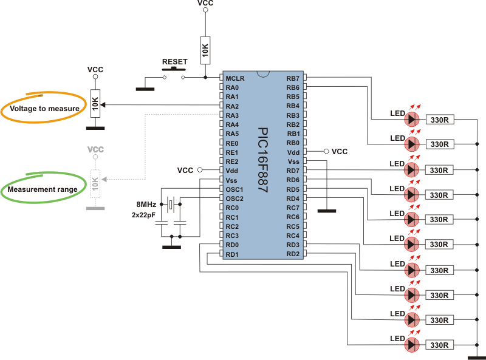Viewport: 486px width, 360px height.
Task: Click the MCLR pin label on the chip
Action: [235, 78]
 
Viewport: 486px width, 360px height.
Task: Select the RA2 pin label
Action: [232, 106]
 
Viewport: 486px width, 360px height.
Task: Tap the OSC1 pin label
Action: [234, 189]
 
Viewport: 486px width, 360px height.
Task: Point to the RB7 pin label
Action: [293, 78]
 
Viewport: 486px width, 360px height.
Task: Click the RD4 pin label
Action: [293, 199]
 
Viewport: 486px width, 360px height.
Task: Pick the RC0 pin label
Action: [232, 208]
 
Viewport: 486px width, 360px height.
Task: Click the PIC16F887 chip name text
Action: [263, 160]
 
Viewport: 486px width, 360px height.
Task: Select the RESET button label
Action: [175, 62]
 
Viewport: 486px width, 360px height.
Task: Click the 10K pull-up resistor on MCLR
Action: [205, 50]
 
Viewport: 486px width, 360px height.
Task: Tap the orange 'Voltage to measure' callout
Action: [44, 107]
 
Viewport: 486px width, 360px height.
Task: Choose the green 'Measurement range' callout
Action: [43, 188]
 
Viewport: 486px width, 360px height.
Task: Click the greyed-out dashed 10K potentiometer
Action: [95, 184]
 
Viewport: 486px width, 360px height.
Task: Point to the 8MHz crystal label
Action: [146, 205]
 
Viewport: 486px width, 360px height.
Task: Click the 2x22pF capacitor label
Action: [143, 215]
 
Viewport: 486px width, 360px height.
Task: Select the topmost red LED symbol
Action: [412, 119]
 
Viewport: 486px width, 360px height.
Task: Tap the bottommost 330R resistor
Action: [439, 345]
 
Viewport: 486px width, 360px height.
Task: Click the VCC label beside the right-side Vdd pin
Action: [340, 152]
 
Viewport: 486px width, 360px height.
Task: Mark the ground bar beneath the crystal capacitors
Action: [171, 247]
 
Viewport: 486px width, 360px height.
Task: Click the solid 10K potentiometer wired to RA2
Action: [95, 104]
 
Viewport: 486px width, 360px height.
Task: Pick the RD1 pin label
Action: [232, 254]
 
